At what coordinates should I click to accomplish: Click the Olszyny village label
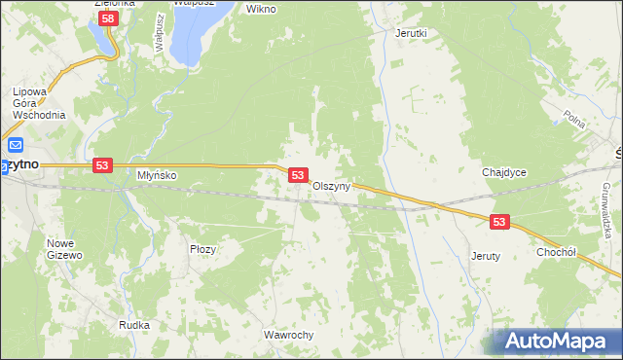point(331,187)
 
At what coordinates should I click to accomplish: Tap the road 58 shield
point(109,18)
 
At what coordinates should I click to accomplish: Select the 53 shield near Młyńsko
point(102,166)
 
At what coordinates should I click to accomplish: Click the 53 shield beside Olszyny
point(299,175)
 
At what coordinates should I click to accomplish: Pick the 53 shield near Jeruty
point(499,222)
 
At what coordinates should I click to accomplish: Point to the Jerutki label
point(411,32)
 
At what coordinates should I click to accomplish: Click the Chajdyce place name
point(504,172)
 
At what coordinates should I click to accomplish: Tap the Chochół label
point(558,251)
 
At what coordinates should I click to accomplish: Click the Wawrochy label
point(288,335)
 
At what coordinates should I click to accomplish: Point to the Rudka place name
point(133,325)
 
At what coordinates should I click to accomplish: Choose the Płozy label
point(202,249)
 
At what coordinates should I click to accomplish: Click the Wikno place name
point(261,9)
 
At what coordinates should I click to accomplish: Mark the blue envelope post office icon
point(15,147)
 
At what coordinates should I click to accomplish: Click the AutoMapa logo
point(554,342)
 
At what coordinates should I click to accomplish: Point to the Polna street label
point(574,118)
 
